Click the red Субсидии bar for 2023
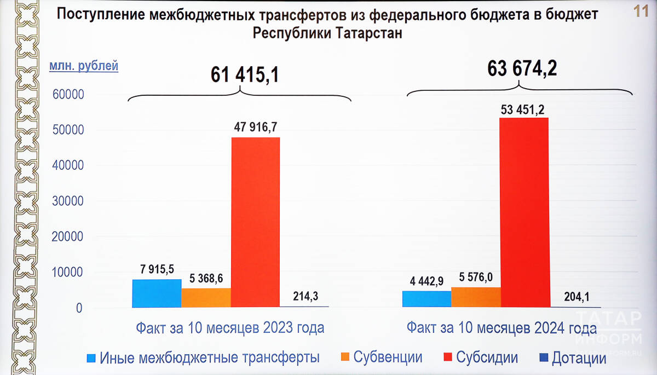[x=255, y=222]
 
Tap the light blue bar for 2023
[x=157, y=293]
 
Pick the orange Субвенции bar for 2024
[x=475, y=297]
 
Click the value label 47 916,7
[x=255, y=128]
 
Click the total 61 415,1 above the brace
[x=245, y=75]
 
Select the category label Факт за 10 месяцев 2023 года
[x=230, y=328]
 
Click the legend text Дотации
[x=579, y=359]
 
